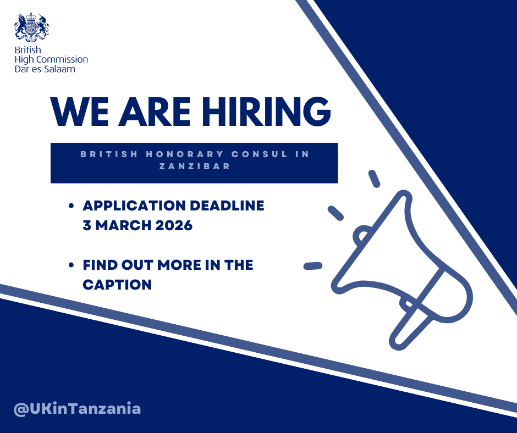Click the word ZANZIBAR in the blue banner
[194, 166]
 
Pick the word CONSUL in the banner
[254, 154]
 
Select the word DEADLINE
[227, 206]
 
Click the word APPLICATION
[134, 206]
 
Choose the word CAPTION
[117, 285]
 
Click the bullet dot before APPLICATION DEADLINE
[71, 206]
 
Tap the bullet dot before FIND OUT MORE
[71, 265]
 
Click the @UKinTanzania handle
[78, 409]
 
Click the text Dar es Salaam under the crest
[45, 69]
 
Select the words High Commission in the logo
[51, 59]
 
